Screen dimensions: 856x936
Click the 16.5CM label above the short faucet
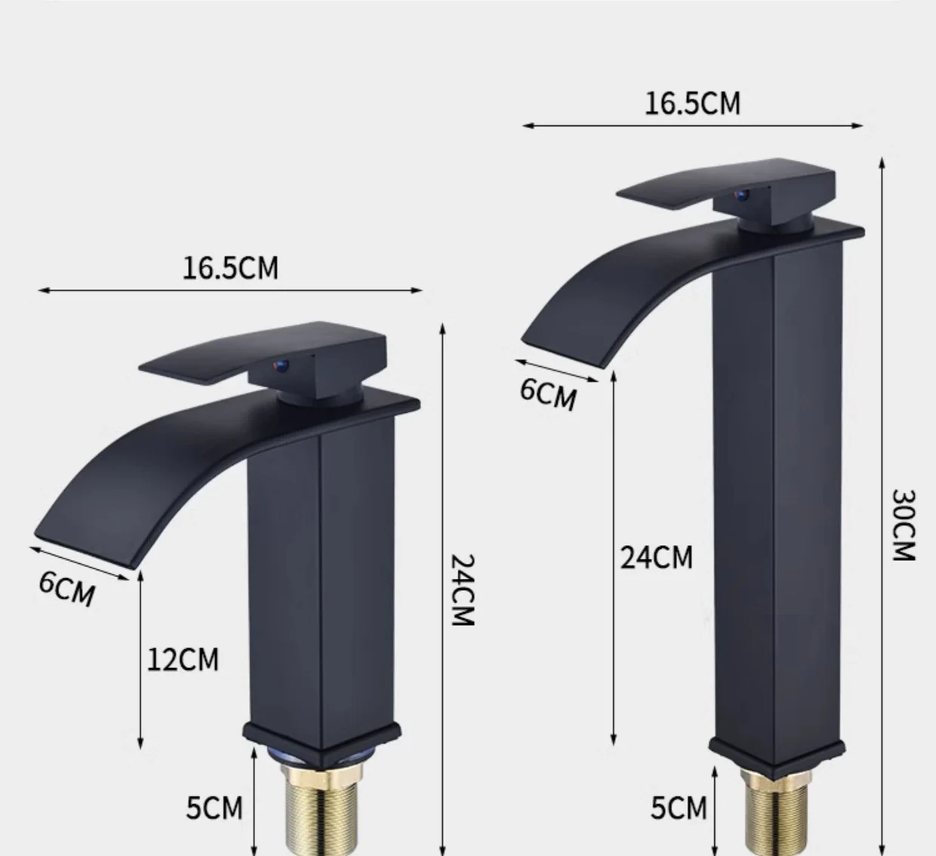pyautogui.click(x=230, y=268)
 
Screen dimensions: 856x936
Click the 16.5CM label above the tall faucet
pyautogui.click(x=692, y=103)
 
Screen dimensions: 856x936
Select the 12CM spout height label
pyautogui.click(x=182, y=660)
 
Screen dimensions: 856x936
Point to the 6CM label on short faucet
pyautogui.click(x=67, y=588)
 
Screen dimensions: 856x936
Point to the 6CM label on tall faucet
pyautogui.click(x=548, y=393)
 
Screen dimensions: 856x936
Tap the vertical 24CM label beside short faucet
pyautogui.click(x=461, y=590)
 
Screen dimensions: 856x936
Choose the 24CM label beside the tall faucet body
pyautogui.click(x=656, y=558)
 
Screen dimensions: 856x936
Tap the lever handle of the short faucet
pyautogui.click(x=226, y=355)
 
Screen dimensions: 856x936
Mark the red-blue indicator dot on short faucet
pyautogui.click(x=281, y=366)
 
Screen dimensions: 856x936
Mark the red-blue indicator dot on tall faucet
pyautogui.click(x=742, y=196)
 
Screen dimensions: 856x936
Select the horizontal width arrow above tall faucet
pyautogui.click(x=692, y=125)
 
